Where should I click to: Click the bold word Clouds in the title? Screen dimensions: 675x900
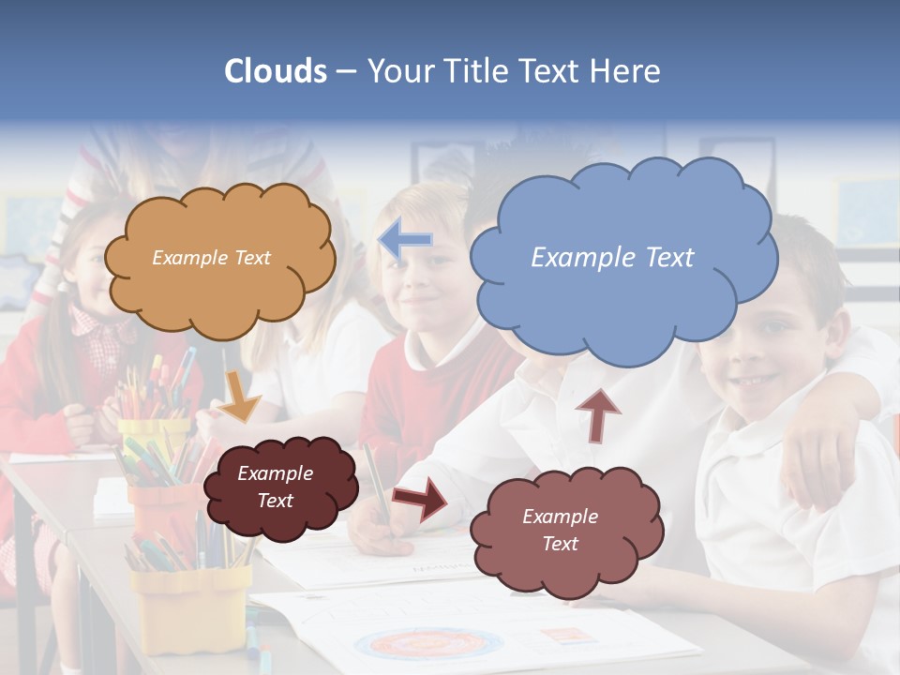point(275,71)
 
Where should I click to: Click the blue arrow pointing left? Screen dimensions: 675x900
point(405,241)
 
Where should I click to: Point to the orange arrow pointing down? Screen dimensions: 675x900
point(240,397)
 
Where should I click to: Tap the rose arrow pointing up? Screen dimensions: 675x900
point(597,413)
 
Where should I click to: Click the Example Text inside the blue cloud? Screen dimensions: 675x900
point(612,258)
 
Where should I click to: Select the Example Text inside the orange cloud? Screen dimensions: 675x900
point(211,258)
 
